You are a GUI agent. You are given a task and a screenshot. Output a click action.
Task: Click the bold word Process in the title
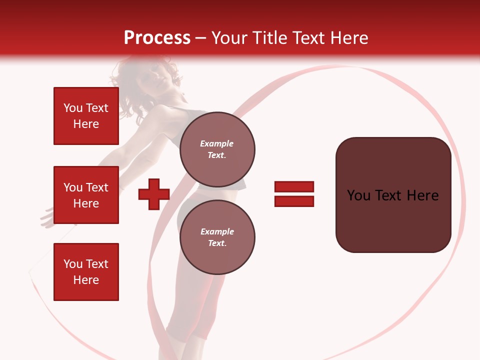(157, 38)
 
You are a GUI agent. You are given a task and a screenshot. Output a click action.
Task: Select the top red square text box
(86, 116)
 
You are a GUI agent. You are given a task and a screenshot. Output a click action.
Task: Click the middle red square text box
(86, 195)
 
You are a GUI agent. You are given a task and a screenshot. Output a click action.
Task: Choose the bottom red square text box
(86, 272)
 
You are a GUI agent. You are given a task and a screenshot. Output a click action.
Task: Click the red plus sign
(154, 194)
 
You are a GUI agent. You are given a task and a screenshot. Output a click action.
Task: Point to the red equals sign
(294, 194)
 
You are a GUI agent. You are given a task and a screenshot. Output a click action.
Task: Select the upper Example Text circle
(217, 149)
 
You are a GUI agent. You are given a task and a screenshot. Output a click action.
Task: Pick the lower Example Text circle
(217, 237)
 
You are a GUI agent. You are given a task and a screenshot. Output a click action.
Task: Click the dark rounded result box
(393, 195)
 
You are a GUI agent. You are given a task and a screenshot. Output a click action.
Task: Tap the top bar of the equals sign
(294, 187)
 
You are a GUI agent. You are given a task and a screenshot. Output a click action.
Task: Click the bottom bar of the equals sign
(294, 201)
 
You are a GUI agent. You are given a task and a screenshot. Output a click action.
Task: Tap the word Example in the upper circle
(217, 143)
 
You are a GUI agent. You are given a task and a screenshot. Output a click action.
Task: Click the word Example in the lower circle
(217, 231)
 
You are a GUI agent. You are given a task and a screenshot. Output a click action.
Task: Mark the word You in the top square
(73, 108)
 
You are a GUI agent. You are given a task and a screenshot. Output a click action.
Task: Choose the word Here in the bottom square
(86, 280)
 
